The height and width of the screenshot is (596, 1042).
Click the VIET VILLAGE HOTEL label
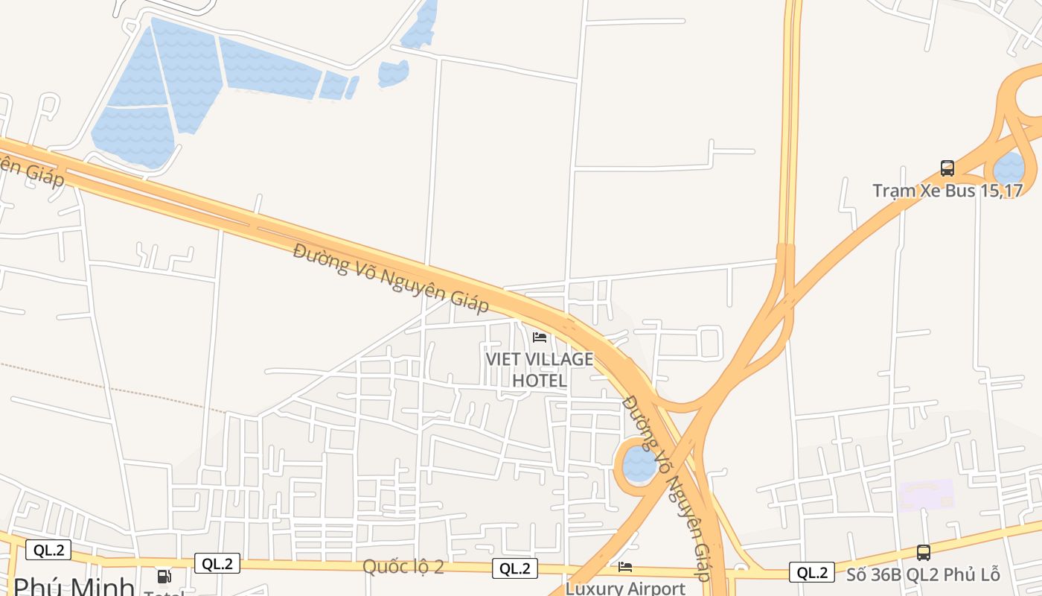click(x=540, y=370)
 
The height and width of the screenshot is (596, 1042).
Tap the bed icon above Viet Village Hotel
click(x=540, y=337)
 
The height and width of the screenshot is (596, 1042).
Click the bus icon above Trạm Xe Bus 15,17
click(x=947, y=168)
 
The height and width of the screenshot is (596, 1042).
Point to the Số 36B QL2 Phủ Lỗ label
click(x=923, y=575)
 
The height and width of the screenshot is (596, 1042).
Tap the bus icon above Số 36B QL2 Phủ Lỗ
click(x=924, y=553)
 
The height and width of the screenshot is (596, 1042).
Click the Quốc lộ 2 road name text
click(x=403, y=567)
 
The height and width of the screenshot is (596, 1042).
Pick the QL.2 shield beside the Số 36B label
click(x=812, y=573)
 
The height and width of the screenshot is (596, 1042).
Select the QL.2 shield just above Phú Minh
click(x=48, y=551)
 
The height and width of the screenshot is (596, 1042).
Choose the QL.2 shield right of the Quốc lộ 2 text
click(x=515, y=569)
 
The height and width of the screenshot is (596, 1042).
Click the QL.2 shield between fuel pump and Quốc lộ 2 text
click(x=217, y=563)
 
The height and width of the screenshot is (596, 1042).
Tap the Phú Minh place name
click(x=74, y=586)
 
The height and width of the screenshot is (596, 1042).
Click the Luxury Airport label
click(x=625, y=589)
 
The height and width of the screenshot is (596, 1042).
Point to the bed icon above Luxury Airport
click(x=625, y=568)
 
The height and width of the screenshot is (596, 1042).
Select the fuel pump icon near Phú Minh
click(x=164, y=577)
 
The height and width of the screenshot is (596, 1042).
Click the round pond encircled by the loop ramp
click(x=639, y=463)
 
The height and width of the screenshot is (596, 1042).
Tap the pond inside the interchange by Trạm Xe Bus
click(x=1011, y=167)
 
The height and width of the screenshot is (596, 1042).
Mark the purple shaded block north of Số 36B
click(x=927, y=494)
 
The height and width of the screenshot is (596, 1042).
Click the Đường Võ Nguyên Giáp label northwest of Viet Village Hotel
click(x=391, y=278)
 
